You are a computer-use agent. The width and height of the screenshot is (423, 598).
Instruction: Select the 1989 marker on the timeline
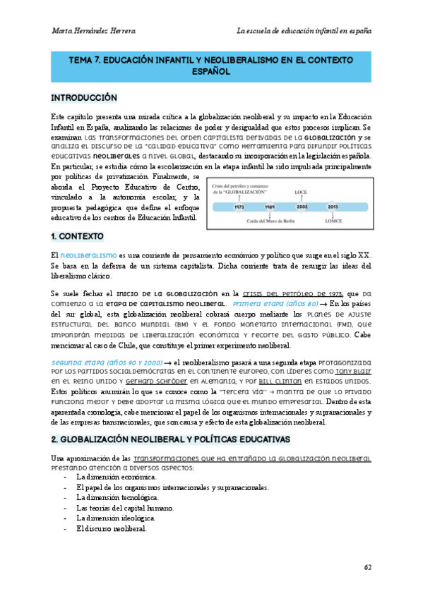point(269,207)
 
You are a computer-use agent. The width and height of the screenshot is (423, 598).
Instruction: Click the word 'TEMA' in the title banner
point(83,61)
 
